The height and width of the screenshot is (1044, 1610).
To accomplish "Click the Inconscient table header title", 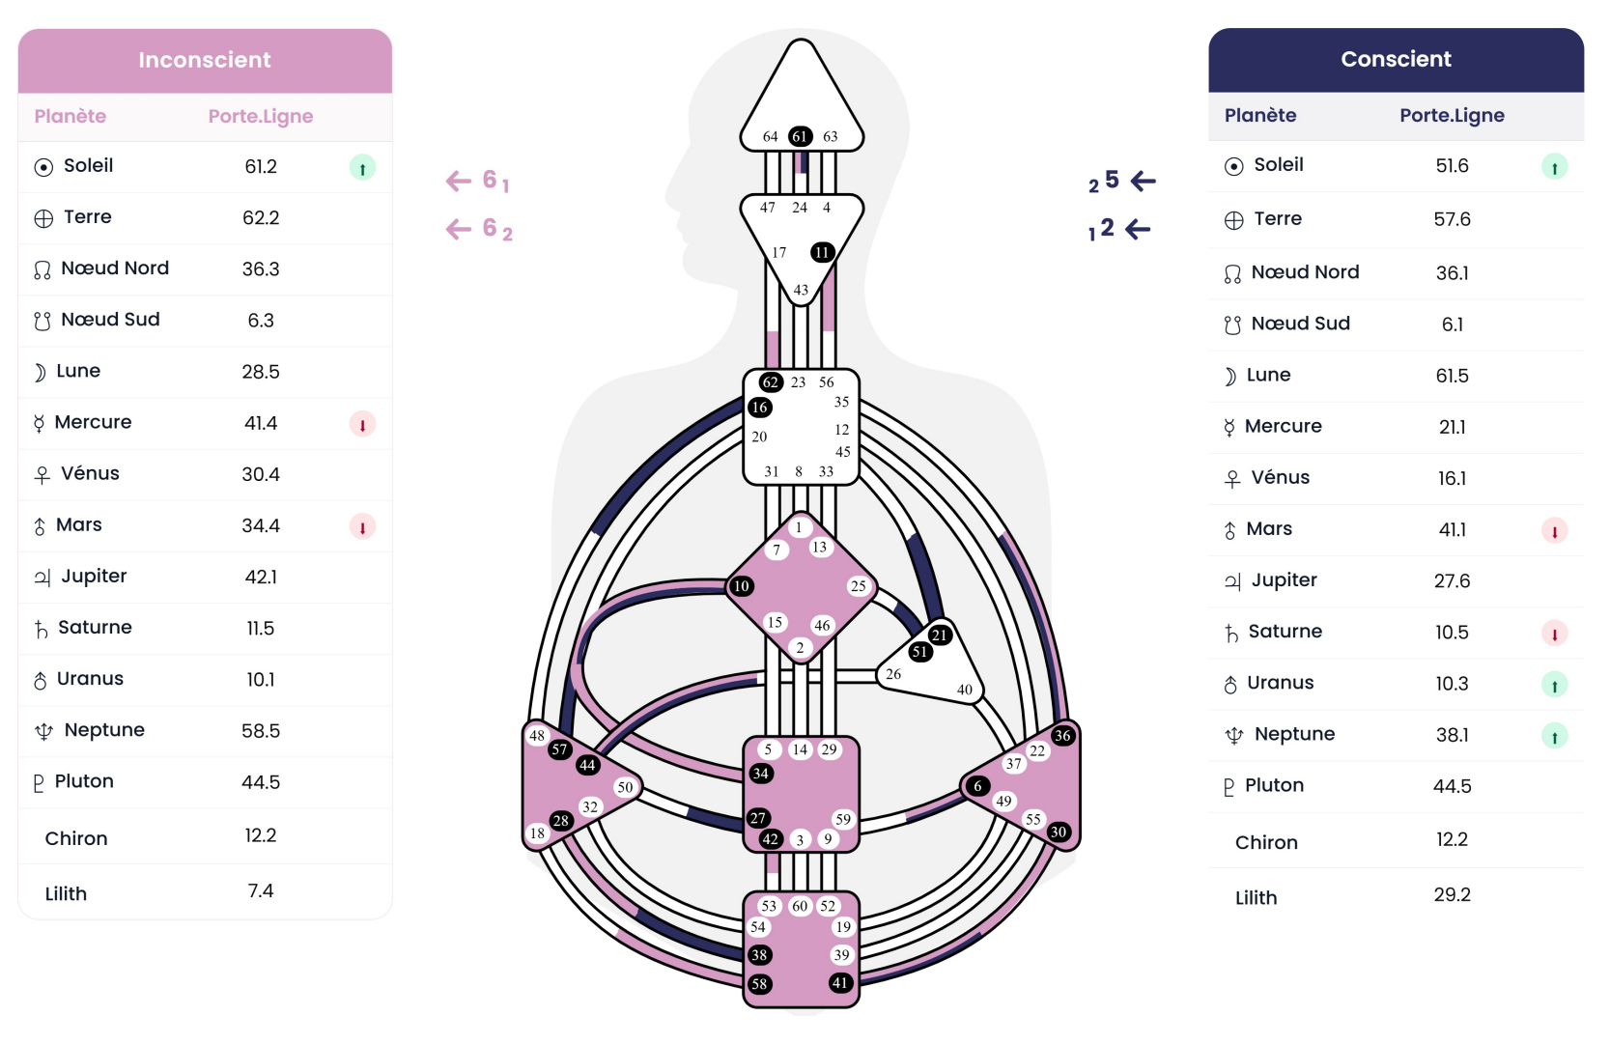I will [205, 60].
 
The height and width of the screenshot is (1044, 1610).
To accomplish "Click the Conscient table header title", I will [1396, 59].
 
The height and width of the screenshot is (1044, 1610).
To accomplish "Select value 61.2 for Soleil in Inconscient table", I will [261, 166].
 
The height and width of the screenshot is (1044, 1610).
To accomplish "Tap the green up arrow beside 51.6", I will [1554, 167].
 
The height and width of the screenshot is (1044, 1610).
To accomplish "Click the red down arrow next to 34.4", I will [362, 526].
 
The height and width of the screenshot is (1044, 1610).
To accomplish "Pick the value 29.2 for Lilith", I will [1452, 894].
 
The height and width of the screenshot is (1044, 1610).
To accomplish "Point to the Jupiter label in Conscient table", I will [1284, 579].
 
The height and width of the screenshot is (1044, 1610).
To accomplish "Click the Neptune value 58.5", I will [261, 730].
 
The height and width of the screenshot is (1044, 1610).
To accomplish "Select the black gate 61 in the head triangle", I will [800, 136].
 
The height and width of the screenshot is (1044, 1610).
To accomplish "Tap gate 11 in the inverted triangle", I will [822, 252].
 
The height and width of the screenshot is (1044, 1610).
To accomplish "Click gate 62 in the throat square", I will [770, 382].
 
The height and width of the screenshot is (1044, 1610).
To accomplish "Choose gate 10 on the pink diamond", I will [741, 586].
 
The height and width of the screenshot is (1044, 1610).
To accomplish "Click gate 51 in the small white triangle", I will [919, 651].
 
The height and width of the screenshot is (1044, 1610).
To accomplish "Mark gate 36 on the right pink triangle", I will [1062, 735].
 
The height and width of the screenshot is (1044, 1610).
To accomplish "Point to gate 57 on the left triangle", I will [559, 749].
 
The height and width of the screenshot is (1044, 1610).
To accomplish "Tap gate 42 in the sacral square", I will [770, 838].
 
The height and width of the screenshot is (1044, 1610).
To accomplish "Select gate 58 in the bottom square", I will [760, 984].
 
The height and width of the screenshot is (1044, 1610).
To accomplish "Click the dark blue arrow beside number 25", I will [1144, 181].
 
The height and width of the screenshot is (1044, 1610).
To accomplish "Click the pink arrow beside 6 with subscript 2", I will [459, 229].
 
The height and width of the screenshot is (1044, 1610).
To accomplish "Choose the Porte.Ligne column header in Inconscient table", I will [261, 116].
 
